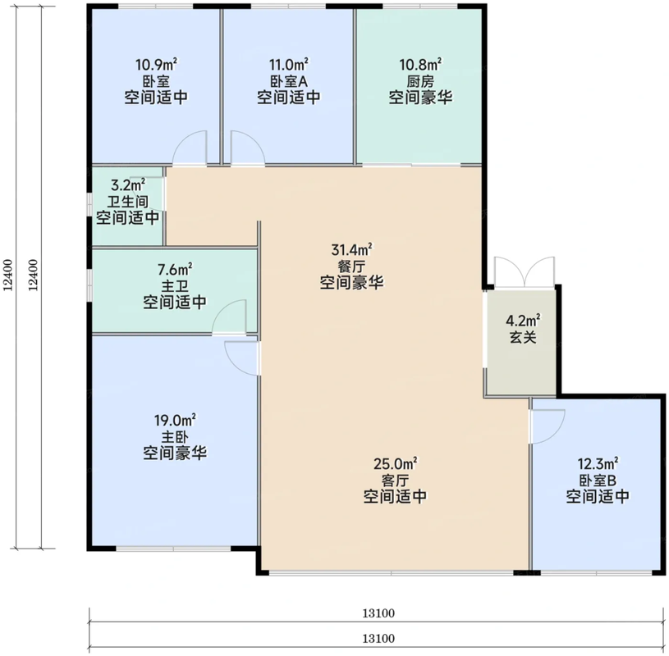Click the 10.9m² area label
156,65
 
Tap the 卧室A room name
289,81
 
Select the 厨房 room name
420,81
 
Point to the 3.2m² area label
128,185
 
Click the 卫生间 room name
127,202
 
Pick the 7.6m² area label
175,269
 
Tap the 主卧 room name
175,437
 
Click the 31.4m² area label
352,249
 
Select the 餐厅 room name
352,266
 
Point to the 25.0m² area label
396,463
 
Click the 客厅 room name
396,481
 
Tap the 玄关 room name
523,337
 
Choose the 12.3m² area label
598,463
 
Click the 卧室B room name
598,481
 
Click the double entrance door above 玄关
525,273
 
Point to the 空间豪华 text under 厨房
420,98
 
